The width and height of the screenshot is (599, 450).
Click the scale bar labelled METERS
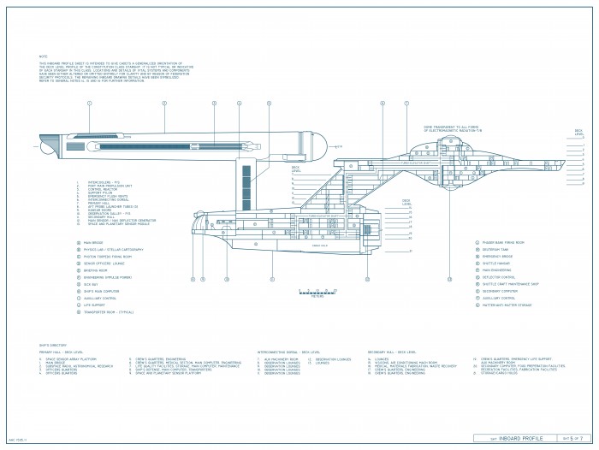[x=317, y=293]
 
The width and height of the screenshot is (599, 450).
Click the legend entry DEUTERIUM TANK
[x=495, y=250]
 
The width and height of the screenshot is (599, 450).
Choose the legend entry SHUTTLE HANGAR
[x=495, y=265]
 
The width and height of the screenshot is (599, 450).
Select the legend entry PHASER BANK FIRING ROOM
[x=501, y=242]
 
